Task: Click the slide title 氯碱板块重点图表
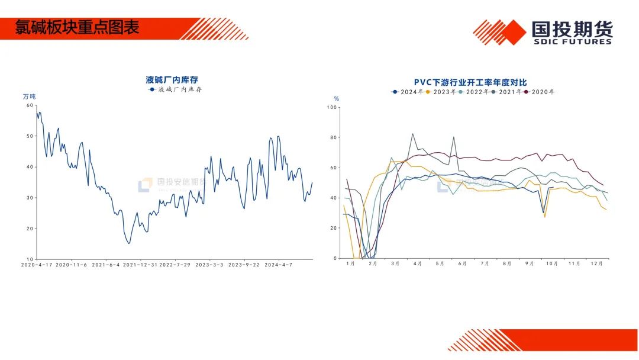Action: [77, 28]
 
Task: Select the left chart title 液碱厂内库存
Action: [172, 79]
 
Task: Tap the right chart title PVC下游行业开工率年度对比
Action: [470, 82]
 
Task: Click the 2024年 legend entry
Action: [408, 92]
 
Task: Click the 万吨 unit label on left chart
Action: [29, 97]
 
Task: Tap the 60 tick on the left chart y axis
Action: [30, 105]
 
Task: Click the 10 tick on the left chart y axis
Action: [30, 259]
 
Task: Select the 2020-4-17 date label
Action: [37, 265]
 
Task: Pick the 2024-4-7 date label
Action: [279, 265]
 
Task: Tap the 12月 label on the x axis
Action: [597, 263]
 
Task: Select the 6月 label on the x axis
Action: [462, 263]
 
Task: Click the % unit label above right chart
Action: [337, 99]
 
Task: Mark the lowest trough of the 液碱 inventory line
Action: [129, 243]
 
